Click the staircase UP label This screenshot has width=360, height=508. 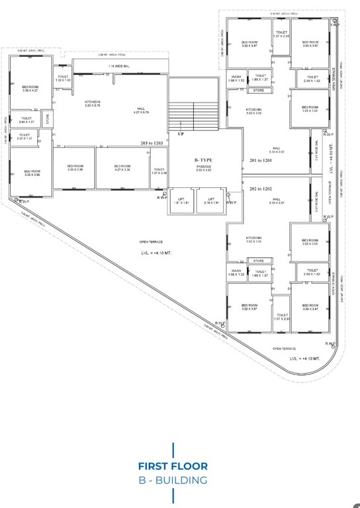181,133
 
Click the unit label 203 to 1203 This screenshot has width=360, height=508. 151,143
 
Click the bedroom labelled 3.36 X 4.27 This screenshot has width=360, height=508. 30,89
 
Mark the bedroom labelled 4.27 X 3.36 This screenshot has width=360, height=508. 122,168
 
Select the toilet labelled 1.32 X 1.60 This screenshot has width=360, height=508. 63,78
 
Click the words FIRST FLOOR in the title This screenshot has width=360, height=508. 173,465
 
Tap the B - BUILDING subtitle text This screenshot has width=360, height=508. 173,480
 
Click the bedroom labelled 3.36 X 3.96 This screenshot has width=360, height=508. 31,173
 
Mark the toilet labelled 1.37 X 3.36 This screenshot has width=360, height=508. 159,171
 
